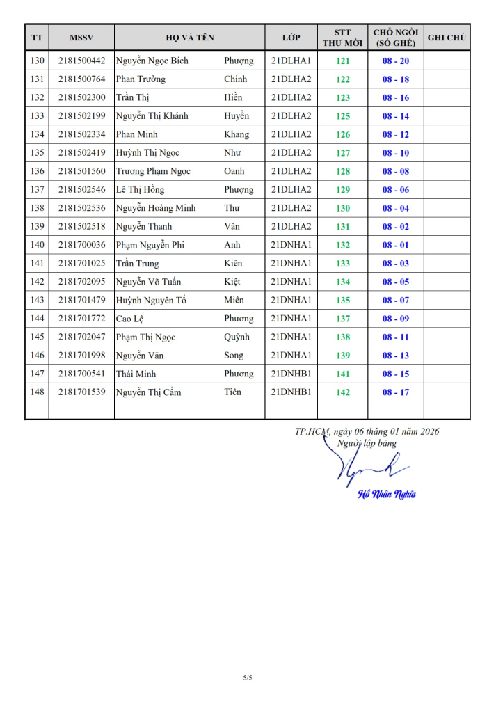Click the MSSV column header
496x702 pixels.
81,38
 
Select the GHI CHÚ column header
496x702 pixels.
447,38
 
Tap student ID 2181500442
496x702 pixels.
81,61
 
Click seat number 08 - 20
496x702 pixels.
395,61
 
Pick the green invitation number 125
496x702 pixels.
343,116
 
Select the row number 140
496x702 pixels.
37,245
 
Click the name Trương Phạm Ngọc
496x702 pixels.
153,171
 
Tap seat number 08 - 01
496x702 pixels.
395,245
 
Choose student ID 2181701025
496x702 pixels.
81,263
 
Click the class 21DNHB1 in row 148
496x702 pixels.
291,392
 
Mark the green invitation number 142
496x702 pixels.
343,392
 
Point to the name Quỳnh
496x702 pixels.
237,337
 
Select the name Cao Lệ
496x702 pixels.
129,319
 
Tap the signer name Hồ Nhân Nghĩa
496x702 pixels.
387,495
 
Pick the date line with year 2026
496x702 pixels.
367,431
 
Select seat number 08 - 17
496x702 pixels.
395,392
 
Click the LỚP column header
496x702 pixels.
291,38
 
